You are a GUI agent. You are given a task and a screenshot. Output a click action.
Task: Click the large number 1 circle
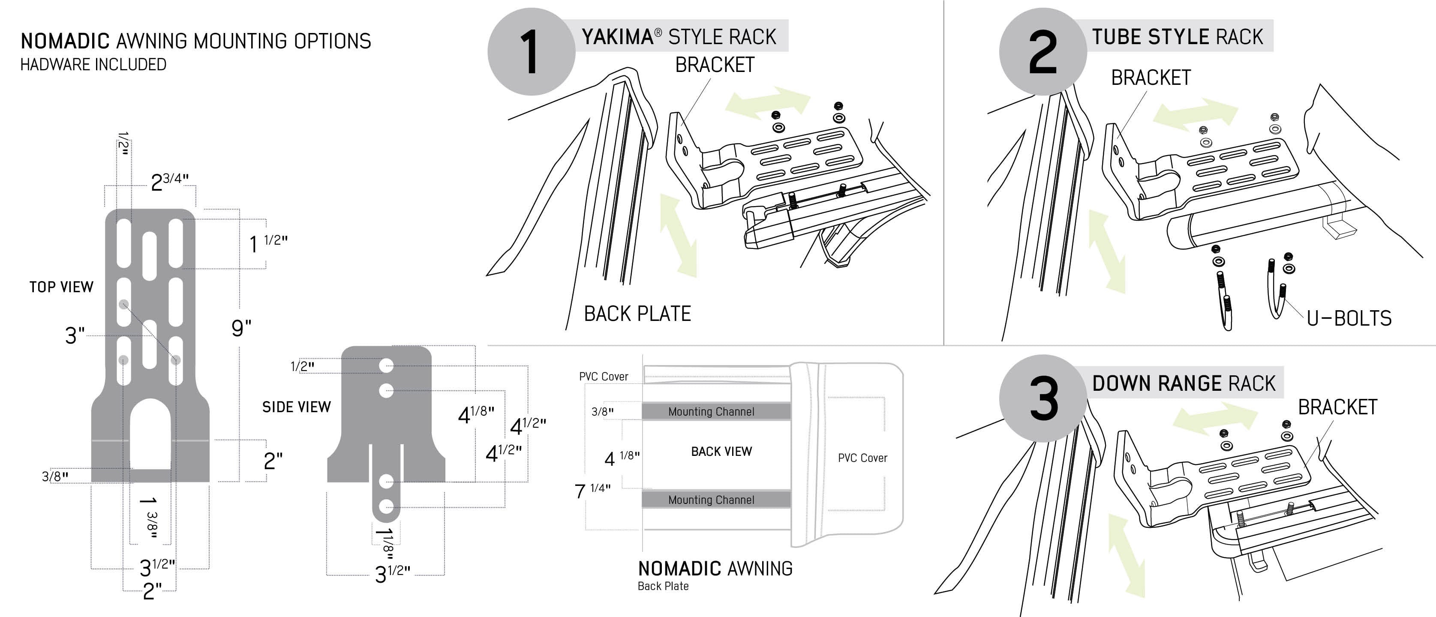tap(531, 52)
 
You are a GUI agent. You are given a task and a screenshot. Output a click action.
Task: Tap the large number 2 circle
tap(1043, 52)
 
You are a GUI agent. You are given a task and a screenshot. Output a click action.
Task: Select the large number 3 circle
tap(1043, 398)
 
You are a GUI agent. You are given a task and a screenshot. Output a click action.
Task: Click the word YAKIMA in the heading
tap(618, 37)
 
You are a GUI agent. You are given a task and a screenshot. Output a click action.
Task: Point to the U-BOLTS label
tap(1349, 318)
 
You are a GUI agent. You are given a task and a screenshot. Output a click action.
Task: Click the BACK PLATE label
tap(637, 314)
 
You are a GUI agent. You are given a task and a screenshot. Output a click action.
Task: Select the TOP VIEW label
tap(61, 287)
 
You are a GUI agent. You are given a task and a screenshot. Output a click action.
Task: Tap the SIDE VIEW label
tap(297, 407)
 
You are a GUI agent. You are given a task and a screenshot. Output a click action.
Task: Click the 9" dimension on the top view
tap(241, 328)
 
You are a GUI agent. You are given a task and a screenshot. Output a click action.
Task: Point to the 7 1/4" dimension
tap(592, 491)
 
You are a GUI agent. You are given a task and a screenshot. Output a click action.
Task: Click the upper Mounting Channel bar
tap(716, 411)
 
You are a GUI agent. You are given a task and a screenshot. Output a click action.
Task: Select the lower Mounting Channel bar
tap(716, 500)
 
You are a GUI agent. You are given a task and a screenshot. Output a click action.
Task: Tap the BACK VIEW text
tap(721, 452)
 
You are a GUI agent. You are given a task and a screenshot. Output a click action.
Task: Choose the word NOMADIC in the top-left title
tap(65, 41)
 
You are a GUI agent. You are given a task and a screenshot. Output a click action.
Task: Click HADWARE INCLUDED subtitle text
tap(93, 65)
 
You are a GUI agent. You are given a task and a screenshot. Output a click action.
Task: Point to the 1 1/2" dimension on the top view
tap(268, 243)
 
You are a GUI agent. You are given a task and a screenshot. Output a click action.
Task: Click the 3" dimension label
tap(75, 335)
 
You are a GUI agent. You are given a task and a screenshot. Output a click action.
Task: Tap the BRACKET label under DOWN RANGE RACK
tap(1337, 407)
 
